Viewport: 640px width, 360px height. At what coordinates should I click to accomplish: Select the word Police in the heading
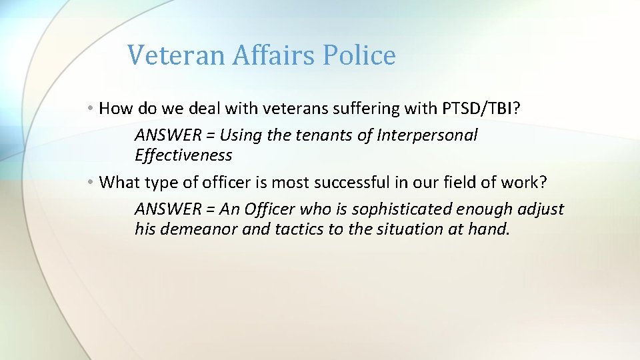[x=359, y=55]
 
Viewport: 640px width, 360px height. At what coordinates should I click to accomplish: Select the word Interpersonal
[x=427, y=135]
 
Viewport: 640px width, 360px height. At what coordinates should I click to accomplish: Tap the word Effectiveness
[x=183, y=155]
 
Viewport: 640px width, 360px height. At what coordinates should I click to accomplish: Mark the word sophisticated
[x=402, y=209]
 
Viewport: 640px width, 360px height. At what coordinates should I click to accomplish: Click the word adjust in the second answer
[x=541, y=209]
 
